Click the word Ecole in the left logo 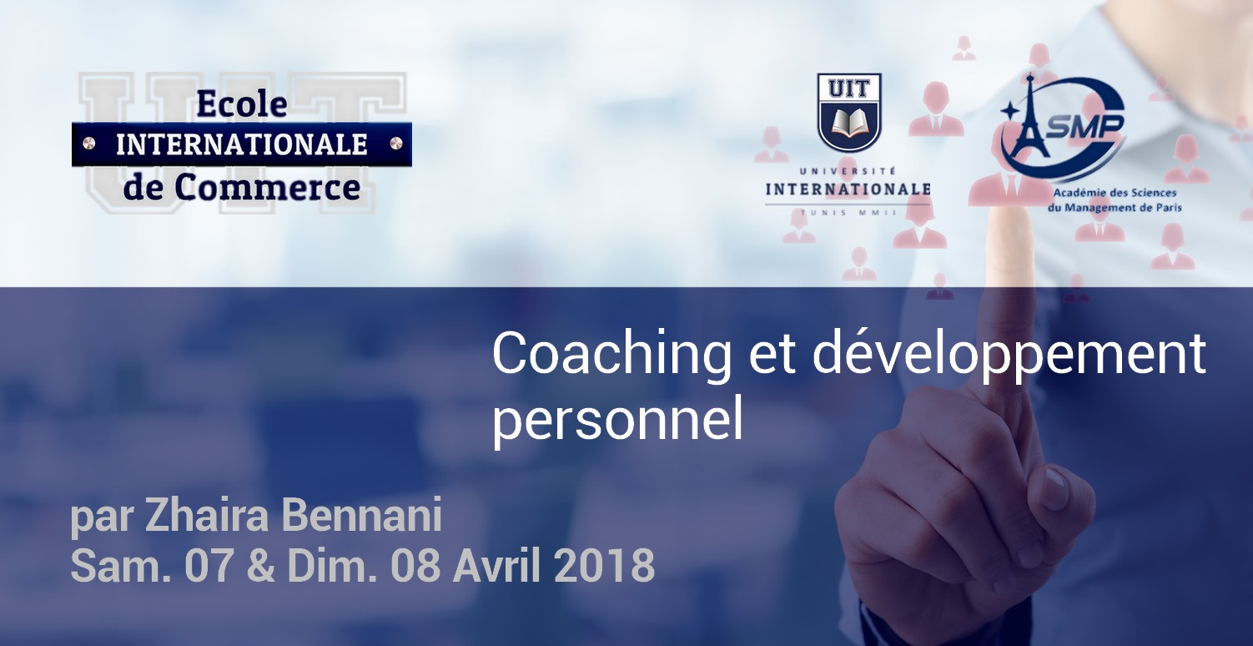tap(242, 104)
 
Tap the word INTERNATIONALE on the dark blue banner tap(242, 145)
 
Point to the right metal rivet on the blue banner tap(395, 144)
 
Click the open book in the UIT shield tap(849, 123)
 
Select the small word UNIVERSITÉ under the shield tap(848, 171)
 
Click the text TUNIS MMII tap(848, 213)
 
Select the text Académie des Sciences tap(1115, 193)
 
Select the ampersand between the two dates tap(259, 565)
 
